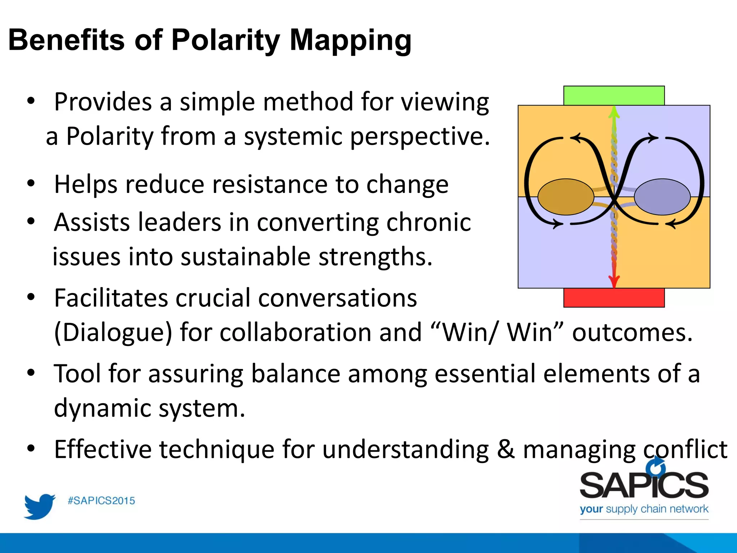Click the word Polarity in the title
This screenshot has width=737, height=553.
225,40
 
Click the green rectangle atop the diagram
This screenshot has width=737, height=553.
614,95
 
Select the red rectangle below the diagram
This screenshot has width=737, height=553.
614,298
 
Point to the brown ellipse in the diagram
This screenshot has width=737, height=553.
566,197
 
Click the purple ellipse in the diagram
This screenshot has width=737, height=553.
662,197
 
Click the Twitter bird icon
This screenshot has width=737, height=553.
39,506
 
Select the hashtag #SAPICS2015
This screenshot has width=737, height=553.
101,501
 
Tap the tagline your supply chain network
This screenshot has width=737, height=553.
644,509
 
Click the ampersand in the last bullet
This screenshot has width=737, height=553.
506,450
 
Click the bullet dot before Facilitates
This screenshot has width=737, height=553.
31,297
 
